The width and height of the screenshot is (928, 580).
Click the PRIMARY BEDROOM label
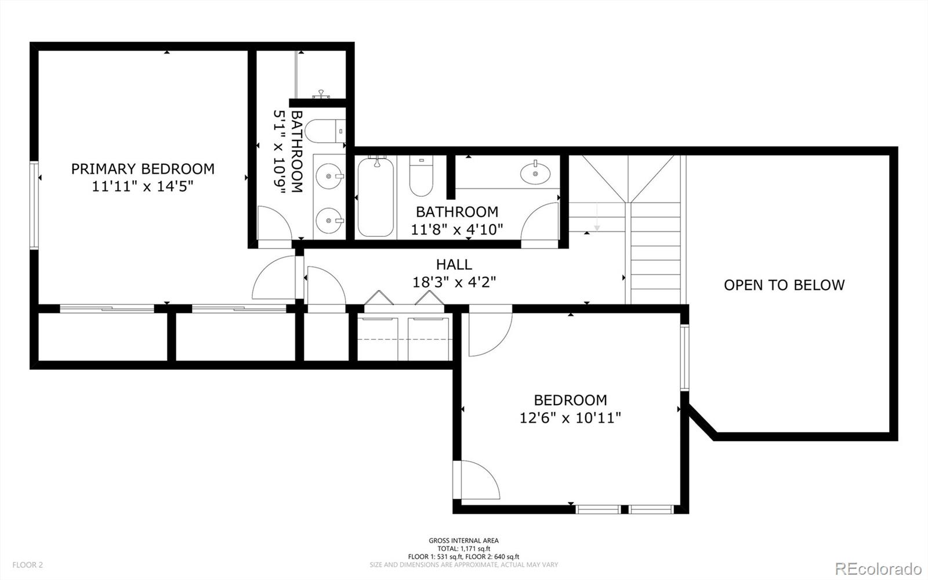point(143,169)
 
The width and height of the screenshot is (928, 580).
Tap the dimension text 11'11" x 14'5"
point(143,186)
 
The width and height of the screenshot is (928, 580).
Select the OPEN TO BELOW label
point(784,285)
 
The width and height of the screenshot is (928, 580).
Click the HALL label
point(454,265)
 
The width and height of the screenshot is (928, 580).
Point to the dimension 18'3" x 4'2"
point(454,282)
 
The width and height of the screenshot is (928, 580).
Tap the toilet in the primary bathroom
point(325,131)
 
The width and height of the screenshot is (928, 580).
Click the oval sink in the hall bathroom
point(536,172)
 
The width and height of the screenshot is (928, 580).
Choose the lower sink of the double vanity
point(330,220)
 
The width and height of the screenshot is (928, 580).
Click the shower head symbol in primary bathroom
point(321,94)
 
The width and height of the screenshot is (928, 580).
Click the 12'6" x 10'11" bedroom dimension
point(570,417)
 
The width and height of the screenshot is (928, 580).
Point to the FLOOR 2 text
point(28,565)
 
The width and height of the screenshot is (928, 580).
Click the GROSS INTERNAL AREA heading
point(463,541)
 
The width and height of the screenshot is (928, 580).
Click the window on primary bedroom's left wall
point(34,205)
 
